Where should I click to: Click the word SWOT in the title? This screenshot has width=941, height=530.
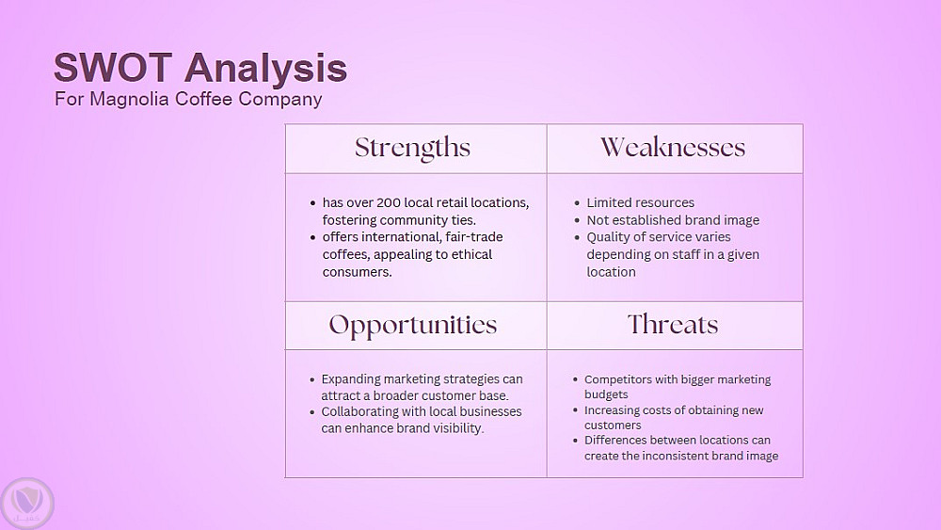tap(114, 67)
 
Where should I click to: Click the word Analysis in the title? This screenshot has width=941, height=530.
tap(266, 68)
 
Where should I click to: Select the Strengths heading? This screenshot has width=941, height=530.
tap(412, 148)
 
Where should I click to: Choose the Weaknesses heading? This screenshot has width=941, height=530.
tap(673, 148)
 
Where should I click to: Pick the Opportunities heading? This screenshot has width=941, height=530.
tap(413, 326)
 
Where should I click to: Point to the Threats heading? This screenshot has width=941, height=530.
tap(673, 325)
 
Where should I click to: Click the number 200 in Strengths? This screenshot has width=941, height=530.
tap(389, 203)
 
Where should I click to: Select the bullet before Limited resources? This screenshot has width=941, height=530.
tap(577, 204)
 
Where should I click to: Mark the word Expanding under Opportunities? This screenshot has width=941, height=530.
tap(350, 380)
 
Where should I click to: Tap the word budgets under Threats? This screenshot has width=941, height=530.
tap(606, 395)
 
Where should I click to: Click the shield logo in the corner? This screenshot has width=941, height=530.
tap(27, 503)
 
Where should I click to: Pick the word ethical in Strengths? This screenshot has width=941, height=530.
tap(471, 254)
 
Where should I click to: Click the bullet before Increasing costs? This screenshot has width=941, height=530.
tap(575, 411)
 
